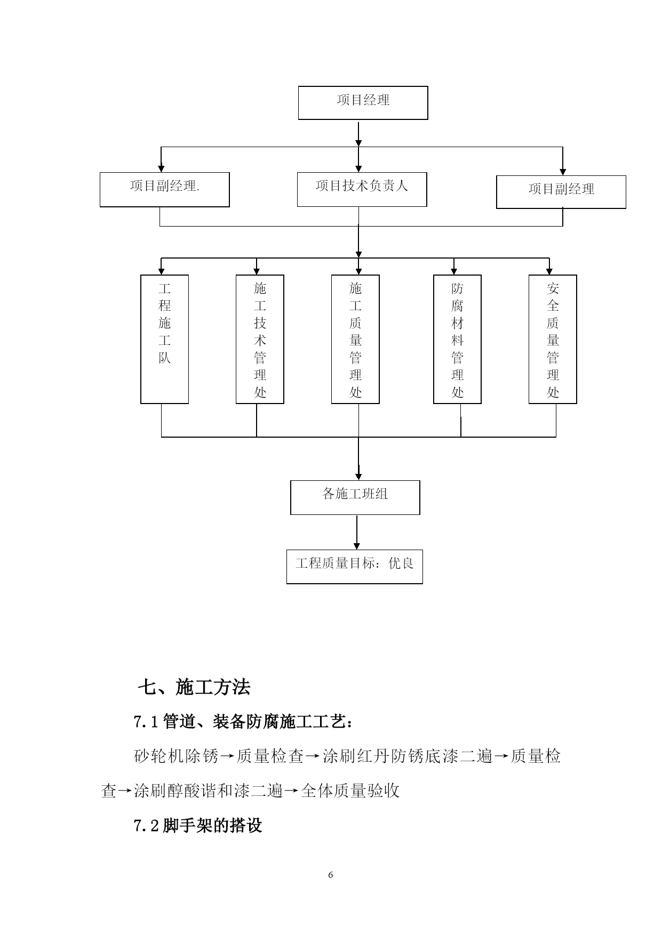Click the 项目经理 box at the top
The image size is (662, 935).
(363, 103)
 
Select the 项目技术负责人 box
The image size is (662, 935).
(362, 189)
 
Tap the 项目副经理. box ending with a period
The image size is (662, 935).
(165, 190)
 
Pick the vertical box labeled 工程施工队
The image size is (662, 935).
(164, 339)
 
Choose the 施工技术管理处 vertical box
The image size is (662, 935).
(260, 339)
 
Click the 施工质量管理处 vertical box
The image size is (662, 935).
(355, 339)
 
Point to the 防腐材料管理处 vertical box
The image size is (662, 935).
(457, 339)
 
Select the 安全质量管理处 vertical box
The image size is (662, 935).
(553, 339)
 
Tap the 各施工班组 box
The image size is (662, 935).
(355, 497)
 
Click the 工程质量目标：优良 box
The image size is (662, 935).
(355, 567)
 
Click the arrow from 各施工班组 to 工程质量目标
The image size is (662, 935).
(357, 532)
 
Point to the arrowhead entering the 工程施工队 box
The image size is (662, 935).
(161, 271)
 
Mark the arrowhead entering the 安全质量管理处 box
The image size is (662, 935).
(549, 271)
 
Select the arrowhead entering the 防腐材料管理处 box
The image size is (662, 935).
(454, 271)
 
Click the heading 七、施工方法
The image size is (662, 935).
(194, 687)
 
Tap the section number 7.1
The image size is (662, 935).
(146, 722)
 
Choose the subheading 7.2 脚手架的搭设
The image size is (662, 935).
(198, 826)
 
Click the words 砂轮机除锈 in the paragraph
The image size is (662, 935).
(177, 756)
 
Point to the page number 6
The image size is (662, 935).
(331, 875)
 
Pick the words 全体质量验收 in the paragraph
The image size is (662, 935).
(350, 791)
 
